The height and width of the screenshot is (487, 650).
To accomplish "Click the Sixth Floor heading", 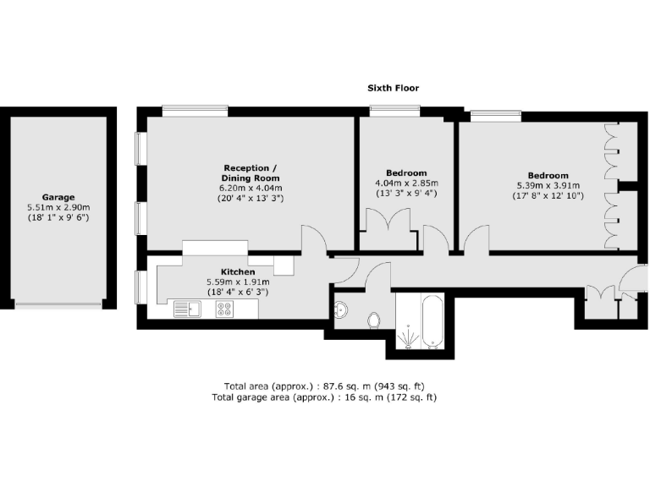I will pos(393,88).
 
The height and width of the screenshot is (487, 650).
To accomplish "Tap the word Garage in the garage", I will pos(58,197).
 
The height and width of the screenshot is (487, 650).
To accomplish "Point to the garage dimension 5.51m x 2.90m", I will pos(58,207).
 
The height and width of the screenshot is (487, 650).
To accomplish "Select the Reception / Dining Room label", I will pos(251,172).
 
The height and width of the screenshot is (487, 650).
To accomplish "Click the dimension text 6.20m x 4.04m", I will pos(251,189).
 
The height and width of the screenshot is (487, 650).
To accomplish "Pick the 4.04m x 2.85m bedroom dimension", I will pos(406,183).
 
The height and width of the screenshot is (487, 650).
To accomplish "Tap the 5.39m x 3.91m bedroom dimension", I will pos(548,186).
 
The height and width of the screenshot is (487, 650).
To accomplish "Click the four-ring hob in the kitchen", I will pos(225,310).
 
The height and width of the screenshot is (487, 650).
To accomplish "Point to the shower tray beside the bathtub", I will pos(408,336).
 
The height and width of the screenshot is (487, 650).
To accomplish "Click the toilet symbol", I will pos(373,320).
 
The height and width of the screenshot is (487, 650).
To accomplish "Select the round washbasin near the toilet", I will pos(341,309).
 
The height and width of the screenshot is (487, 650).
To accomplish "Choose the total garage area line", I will pos(325,397).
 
